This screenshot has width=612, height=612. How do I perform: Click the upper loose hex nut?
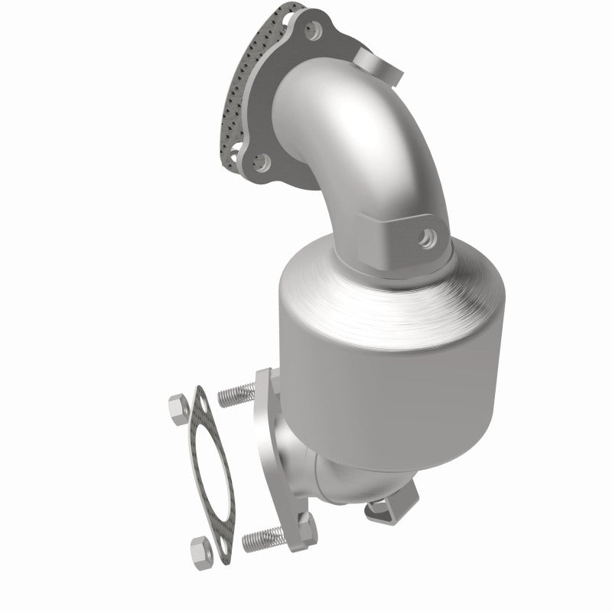pos(178,409)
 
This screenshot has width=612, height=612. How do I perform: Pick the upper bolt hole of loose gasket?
pos(202,403)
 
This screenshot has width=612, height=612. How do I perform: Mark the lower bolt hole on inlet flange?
pos(261,161)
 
